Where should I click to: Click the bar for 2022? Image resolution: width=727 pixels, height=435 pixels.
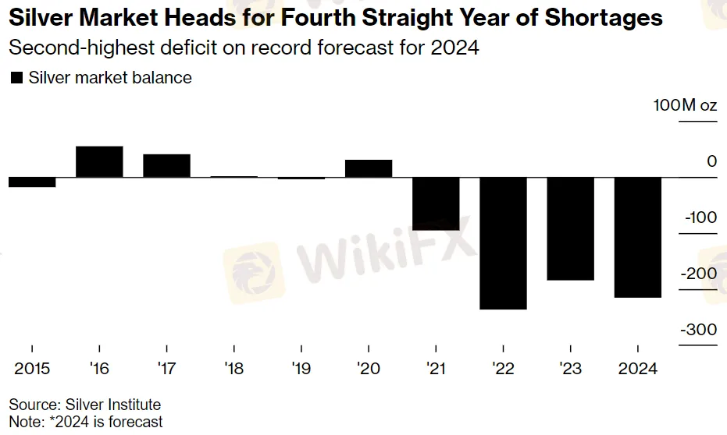(503, 243)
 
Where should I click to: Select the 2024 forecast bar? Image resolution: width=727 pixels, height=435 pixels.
(638, 238)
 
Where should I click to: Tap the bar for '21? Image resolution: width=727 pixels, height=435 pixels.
(436, 204)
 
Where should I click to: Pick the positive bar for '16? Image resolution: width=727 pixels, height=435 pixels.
(99, 162)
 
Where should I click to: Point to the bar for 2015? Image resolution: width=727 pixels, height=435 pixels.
(32, 182)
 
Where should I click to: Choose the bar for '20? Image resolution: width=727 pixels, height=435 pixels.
(369, 169)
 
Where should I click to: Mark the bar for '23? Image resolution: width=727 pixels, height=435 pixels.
(570, 229)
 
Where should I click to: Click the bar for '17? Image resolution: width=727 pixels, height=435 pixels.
(166, 166)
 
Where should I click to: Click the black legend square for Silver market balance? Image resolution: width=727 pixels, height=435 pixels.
(16, 78)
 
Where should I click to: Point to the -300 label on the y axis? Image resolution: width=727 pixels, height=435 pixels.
(699, 330)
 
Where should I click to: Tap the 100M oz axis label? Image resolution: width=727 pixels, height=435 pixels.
(686, 105)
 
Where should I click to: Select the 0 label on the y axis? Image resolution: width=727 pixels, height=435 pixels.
(712, 161)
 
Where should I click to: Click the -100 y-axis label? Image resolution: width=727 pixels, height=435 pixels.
(700, 217)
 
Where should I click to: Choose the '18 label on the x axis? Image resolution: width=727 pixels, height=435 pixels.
(233, 369)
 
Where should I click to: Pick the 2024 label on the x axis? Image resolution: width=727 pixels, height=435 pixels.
(638, 369)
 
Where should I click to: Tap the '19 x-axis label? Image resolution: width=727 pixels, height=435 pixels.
(301, 369)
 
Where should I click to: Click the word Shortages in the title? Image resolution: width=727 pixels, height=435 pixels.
(604, 18)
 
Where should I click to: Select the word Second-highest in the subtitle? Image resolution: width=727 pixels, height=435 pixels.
(81, 48)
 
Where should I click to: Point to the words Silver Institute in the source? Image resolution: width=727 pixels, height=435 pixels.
(113, 405)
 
